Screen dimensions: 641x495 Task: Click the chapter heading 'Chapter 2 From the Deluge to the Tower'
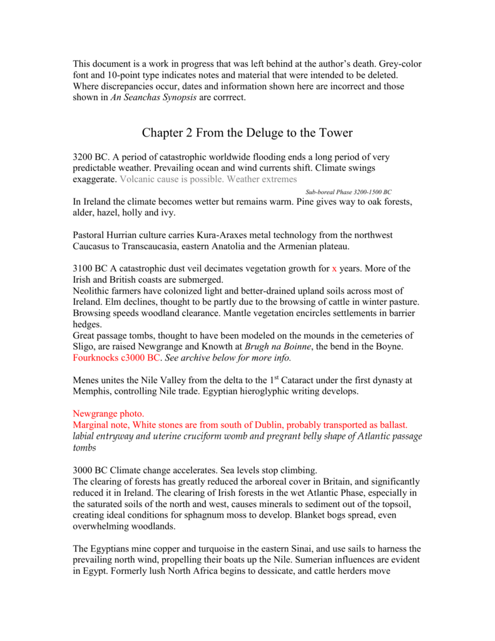(x=247, y=133)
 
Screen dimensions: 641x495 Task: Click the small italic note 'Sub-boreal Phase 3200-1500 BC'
(x=349, y=192)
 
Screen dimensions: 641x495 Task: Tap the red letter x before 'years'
(x=334, y=269)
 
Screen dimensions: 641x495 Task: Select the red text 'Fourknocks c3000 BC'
(x=116, y=359)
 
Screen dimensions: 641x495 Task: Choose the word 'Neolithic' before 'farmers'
(x=92, y=291)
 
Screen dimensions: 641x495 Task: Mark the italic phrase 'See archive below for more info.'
(x=228, y=359)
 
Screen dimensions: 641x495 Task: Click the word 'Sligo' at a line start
(x=84, y=347)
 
